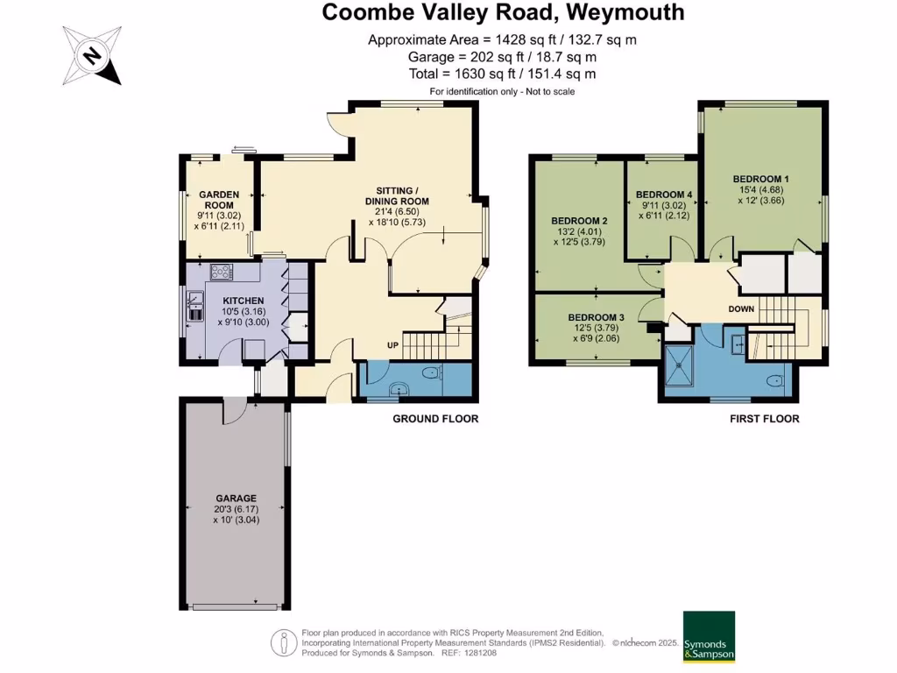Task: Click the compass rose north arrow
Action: [x=91, y=56]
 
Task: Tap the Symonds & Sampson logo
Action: [x=709, y=637]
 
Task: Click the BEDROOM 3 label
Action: [x=596, y=317]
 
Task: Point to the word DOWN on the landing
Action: [x=741, y=309]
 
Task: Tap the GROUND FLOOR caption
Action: [x=435, y=419]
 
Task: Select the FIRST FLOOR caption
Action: [x=764, y=419]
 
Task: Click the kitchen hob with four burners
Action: [x=219, y=273]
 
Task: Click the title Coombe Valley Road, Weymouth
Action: [x=503, y=12]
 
